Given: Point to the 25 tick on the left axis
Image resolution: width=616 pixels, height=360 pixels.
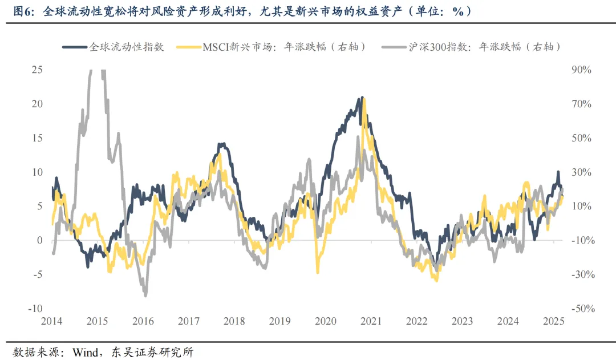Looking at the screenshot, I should pos(37,70).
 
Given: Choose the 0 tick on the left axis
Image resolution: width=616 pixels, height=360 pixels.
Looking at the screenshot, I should pos(39,240).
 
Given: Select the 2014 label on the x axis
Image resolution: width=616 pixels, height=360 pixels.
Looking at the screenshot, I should pos(52,321).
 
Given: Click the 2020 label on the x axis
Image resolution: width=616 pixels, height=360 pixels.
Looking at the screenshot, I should pos(325,321).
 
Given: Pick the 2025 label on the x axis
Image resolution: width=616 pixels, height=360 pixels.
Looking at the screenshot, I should pos(553,321).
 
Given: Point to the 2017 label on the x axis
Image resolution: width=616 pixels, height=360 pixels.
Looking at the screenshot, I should pos(188,321).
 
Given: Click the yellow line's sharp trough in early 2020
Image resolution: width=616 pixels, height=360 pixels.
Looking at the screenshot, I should pos(318,273).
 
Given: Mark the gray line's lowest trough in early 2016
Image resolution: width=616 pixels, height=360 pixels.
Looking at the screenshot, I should pos(145,296).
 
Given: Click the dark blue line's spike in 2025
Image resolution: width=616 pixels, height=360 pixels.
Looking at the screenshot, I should pos(558,172).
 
